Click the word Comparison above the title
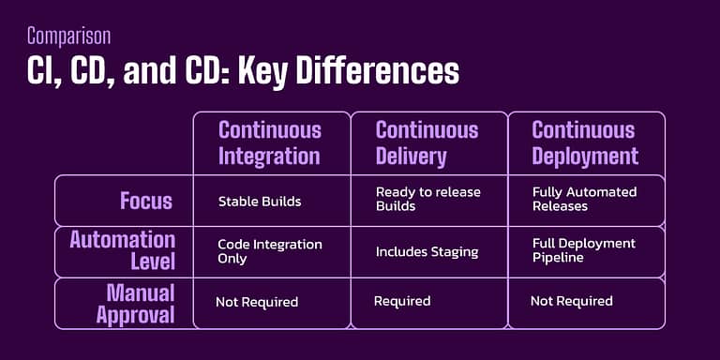point(68,37)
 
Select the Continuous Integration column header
point(270,142)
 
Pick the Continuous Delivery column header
point(427,142)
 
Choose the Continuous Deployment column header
point(584,142)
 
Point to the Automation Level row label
point(123,250)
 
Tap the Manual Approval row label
point(135,302)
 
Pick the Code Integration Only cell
point(269,250)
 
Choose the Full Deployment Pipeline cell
point(583,250)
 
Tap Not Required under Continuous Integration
point(257,302)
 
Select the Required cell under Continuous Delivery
point(402,301)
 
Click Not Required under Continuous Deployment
point(571,301)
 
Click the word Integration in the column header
point(270,155)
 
